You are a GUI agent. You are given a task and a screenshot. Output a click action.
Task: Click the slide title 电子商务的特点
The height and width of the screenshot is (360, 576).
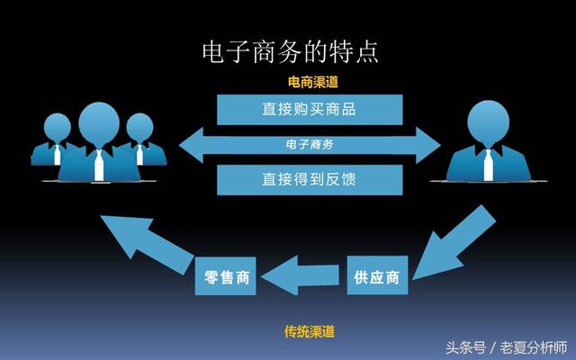(x=290, y=52)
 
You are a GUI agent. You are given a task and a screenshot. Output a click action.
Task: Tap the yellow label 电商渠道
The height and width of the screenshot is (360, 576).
(x=312, y=82)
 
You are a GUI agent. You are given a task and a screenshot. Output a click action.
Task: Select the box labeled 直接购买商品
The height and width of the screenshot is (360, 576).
(x=310, y=110)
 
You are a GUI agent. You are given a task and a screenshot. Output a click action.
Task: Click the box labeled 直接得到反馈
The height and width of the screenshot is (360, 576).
(x=310, y=180)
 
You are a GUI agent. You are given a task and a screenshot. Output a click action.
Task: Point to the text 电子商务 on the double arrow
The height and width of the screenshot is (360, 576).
(x=310, y=144)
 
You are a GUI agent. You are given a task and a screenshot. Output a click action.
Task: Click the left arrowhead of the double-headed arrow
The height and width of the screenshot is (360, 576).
(x=192, y=145)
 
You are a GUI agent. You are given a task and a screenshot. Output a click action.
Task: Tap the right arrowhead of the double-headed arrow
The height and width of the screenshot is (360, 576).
(x=428, y=145)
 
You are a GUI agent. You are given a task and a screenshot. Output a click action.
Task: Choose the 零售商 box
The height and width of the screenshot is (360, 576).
(x=225, y=276)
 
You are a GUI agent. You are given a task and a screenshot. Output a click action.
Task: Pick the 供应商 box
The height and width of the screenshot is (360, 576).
(x=377, y=275)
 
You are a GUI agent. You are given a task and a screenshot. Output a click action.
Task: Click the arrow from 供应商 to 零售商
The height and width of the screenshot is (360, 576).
(x=300, y=275)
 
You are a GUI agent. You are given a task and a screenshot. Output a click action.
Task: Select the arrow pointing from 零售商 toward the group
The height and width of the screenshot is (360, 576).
(x=147, y=244)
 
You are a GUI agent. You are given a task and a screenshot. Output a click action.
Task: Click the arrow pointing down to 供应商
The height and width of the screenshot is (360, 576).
(x=454, y=242)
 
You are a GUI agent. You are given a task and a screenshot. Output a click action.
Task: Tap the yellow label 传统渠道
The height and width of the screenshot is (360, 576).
(x=310, y=332)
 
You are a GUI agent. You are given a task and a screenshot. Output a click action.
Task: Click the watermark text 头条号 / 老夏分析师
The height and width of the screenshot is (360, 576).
(x=507, y=347)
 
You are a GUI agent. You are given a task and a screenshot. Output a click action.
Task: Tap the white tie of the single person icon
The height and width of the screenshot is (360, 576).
(x=488, y=165)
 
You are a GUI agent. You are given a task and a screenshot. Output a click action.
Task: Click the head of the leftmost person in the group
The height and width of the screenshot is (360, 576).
(x=58, y=128)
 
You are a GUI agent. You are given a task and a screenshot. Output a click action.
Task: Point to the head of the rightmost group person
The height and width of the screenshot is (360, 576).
(x=139, y=128)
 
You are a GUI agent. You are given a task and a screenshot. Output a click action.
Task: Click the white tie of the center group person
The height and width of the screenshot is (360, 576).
(x=99, y=166)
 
